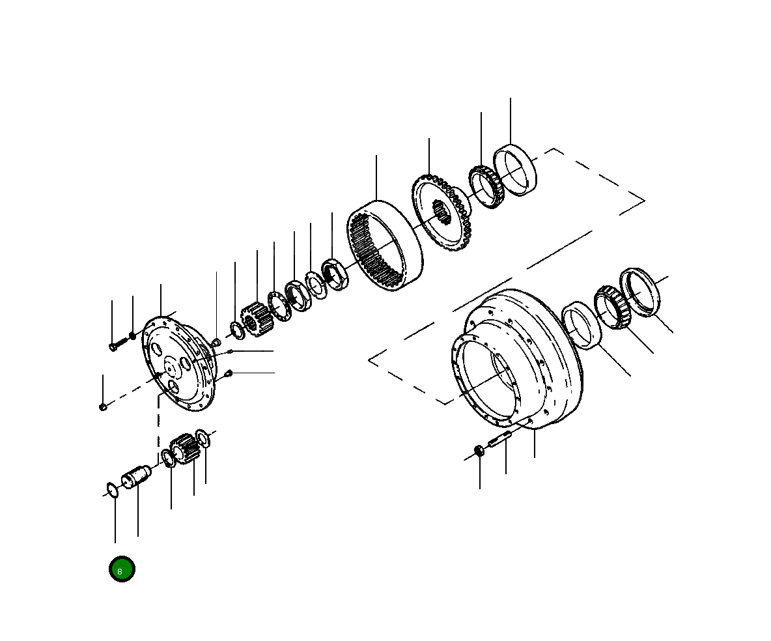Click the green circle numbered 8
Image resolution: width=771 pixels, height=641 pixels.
coord(122,569)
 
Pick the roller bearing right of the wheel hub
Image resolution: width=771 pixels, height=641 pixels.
coord(610,306)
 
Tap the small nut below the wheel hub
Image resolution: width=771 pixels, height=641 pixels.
coord(479,451)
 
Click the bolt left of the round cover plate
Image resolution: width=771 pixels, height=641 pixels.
coord(117,344)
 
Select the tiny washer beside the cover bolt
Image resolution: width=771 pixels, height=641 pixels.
coord(132,335)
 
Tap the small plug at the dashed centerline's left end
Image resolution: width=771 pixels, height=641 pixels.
coord(103,407)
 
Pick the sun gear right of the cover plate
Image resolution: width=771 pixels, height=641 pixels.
coord(255,319)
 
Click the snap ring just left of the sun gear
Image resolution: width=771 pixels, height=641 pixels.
coord(237,329)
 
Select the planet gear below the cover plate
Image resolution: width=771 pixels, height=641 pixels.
coord(184,449)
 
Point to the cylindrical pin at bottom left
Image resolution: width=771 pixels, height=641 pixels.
coord(137,477)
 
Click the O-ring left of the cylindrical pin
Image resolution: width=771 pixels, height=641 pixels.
coord(112,489)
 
